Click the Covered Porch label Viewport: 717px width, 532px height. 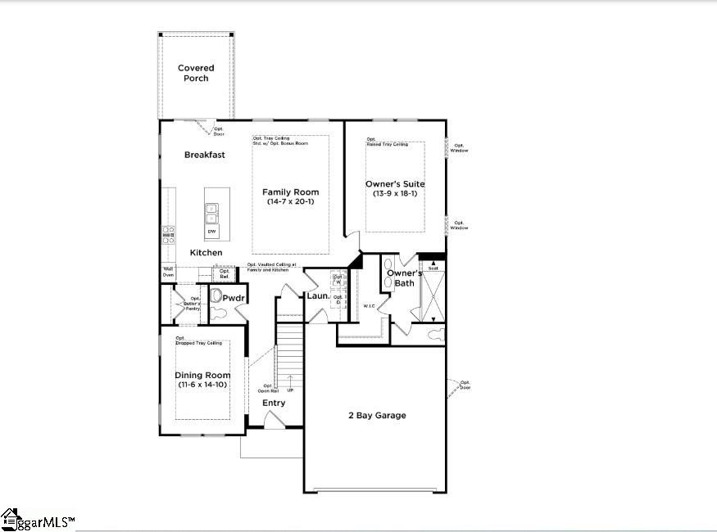(x=196, y=73)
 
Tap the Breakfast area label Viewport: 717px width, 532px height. (x=204, y=155)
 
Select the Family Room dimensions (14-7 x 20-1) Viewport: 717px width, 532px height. (x=291, y=202)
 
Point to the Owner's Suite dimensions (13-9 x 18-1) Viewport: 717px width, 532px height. (x=395, y=194)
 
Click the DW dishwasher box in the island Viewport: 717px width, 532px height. (x=211, y=232)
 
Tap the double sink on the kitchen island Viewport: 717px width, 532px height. (x=211, y=213)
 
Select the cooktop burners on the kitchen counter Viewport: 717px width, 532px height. (x=168, y=235)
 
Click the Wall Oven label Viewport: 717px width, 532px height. (x=168, y=271)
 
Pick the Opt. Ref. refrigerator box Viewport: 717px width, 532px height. (x=201, y=274)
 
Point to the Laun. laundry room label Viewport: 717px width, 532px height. (x=318, y=295)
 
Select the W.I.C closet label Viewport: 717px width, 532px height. (x=369, y=306)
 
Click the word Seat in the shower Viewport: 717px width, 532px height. (x=432, y=268)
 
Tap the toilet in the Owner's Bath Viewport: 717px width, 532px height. (x=435, y=334)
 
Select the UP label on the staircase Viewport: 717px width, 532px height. (x=289, y=390)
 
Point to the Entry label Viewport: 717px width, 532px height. (x=274, y=403)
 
